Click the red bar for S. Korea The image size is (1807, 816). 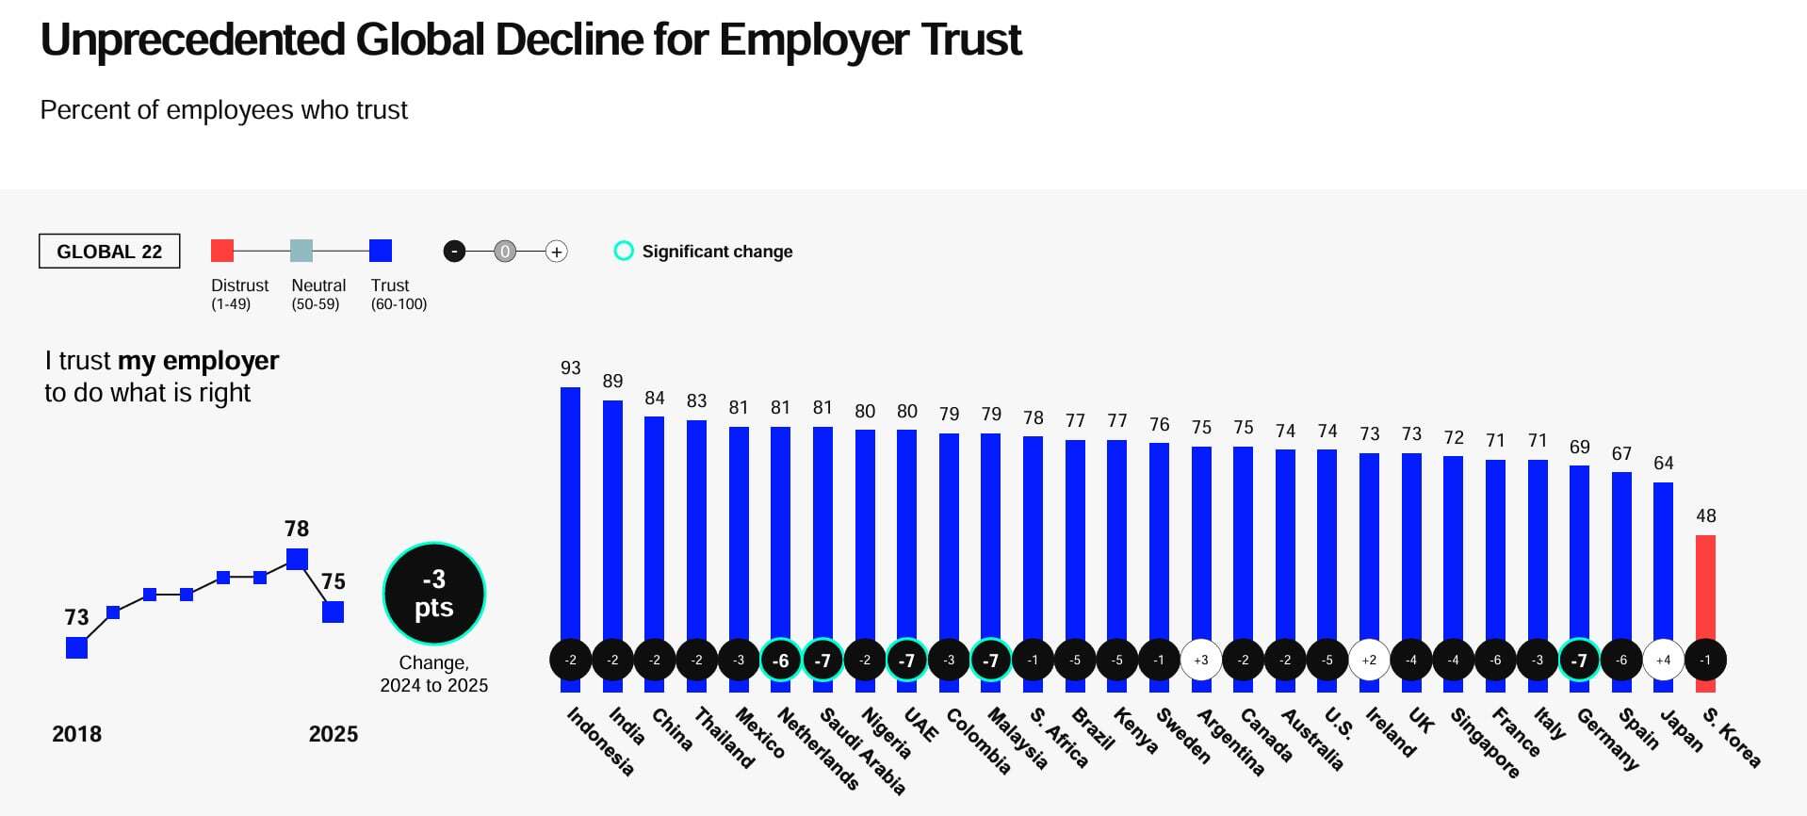coord(1705,586)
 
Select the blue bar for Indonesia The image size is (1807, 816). coord(570,509)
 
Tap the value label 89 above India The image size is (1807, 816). coord(612,382)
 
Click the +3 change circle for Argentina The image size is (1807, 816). coord(1201,660)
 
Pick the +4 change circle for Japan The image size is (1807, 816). coord(1664,660)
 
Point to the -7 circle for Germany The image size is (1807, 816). coord(1579,660)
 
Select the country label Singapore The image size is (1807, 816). coord(1485,743)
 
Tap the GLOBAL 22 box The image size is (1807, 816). coord(109,252)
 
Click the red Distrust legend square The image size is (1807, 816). coord(222,251)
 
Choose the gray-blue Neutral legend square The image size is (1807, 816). coord(301,251)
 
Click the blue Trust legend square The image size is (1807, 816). coord(381,251)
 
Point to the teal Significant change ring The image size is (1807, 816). coord(624,251)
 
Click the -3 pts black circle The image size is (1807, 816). coord(434,594)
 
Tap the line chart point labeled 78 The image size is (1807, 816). coord(297,559)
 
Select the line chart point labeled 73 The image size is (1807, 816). coord(77,647)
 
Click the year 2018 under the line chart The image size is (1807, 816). coord(76,734)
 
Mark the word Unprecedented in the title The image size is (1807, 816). coord(193,41)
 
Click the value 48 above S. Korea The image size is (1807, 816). coord(1706,516)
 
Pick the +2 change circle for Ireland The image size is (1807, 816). coord(1369,660)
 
